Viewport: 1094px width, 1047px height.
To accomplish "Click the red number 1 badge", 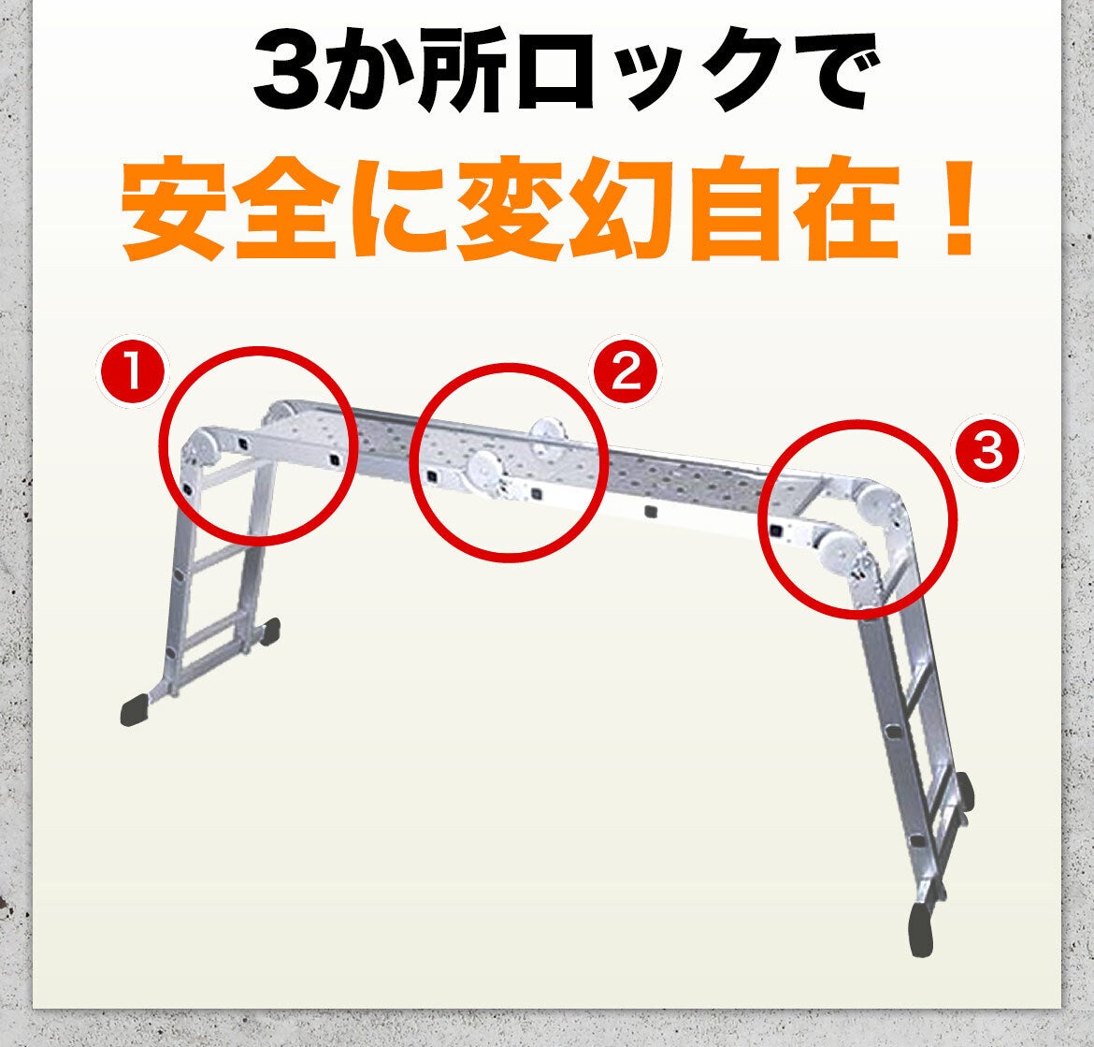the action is (x=133, y=376).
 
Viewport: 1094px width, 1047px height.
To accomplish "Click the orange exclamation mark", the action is (x=957, y=210).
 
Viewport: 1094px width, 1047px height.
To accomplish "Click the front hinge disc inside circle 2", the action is (x=484, y=472).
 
